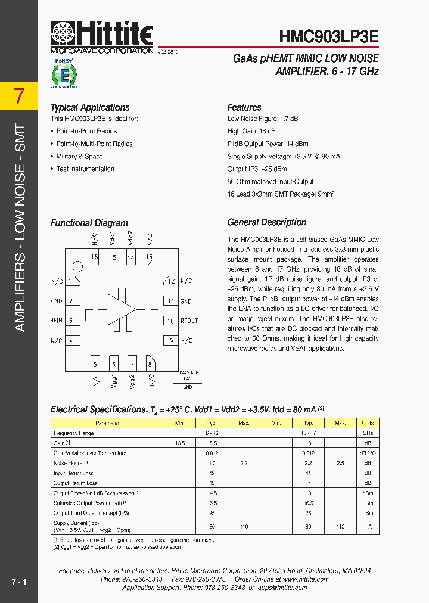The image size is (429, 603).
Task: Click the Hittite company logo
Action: [102, 37]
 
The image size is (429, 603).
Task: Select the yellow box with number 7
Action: [20, 96]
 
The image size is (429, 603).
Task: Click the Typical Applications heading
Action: [90, 108]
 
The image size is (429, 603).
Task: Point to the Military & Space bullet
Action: [79, 157]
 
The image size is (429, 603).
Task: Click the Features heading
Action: [244, 108]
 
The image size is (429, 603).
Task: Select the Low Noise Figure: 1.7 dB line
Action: [263, 119]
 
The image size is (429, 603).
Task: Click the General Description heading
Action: [267, 222]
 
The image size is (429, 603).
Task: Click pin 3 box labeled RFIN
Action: [73, 321]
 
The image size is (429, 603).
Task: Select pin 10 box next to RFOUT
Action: [170, 321]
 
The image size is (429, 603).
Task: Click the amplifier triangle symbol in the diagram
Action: [122, 309]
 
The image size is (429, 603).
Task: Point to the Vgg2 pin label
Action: [132, 381]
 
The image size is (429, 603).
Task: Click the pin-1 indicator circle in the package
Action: [77, 266]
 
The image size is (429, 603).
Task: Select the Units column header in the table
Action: [368, 423]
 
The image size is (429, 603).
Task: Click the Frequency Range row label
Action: [73, 433]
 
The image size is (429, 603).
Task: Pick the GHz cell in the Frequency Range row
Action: [368, 433]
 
